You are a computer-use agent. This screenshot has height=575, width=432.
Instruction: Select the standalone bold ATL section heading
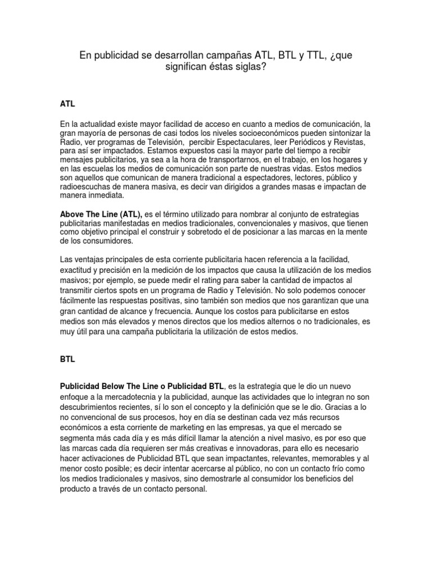tap(67, 104)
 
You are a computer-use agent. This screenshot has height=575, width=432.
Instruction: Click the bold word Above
tap(73, 215)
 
